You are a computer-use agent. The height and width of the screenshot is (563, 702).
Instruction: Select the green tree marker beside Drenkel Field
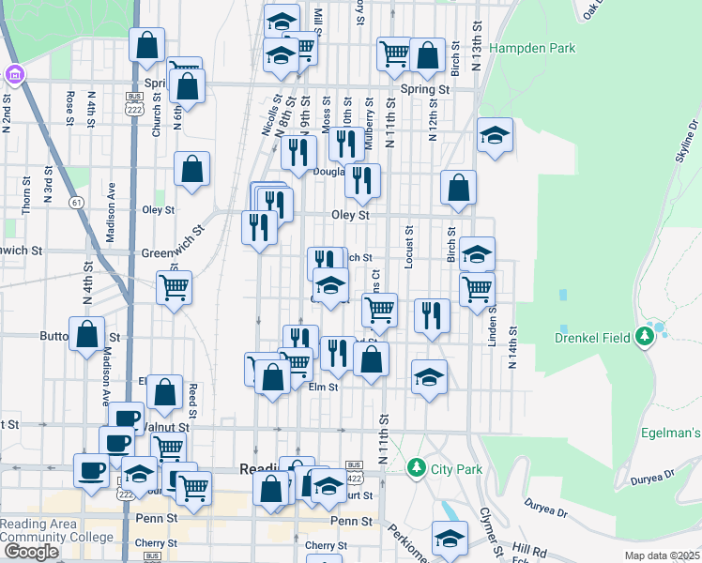[x=645, y=335]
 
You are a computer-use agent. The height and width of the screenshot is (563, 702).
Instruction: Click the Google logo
[x=30, y=552]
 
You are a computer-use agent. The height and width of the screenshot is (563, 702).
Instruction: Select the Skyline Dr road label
[x=687, y=141]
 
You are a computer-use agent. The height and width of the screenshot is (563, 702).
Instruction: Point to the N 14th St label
[x=513, y=347]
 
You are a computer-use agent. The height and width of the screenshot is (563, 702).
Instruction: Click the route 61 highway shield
[x=74, y=202]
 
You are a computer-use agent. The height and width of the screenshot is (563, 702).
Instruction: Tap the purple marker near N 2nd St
[x=15, y=73]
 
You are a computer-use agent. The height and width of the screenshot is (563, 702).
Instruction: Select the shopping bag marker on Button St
[x=87, y=334]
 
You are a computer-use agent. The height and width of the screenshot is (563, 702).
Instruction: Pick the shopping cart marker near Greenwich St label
[x=174, y=287]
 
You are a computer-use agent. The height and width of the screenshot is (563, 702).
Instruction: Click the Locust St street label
[x=409, y=247]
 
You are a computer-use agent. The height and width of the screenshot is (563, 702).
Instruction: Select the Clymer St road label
[x=487, y=525]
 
